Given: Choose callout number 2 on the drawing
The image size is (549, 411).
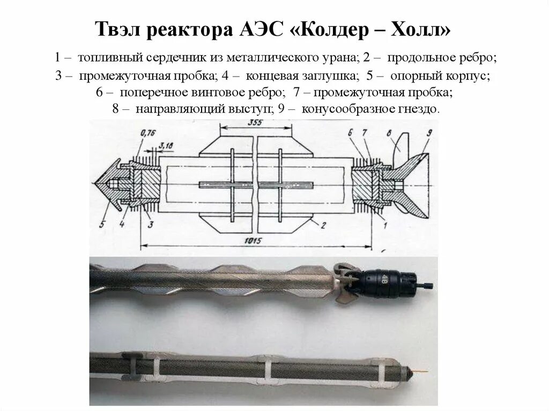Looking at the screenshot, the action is coord(324,225).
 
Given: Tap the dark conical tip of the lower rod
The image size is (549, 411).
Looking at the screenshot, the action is coord(412,371).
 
